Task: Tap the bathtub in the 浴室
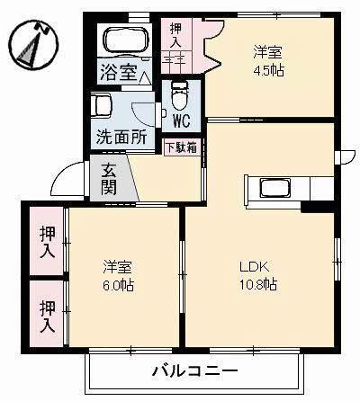(125, 40)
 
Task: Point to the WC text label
(180, 119)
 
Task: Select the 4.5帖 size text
(268, 70)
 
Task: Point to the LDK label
(252, 267)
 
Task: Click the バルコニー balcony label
(193, 370)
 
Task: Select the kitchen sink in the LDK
(274, 189)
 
